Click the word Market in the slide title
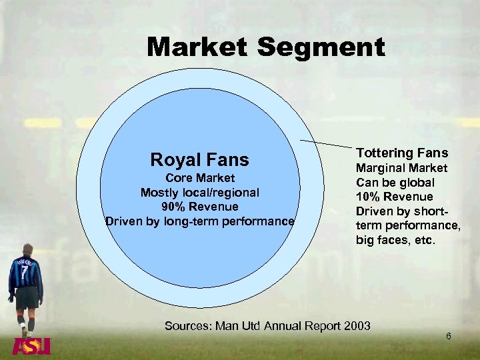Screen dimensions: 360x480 tap(197, 47)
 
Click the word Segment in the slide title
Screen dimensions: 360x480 tap(321, 47)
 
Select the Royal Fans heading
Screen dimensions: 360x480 tap(199, 160)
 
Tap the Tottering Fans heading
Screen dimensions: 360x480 tap(402, 153)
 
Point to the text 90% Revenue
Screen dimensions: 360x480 tap(199, 207)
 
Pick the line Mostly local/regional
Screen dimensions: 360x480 tap(199, 193)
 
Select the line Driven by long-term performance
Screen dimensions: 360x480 tap(199, 221)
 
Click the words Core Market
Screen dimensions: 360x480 tap(199, 178)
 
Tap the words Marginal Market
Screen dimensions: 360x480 tap(401, 168)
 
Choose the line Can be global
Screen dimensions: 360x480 tap(395, 182)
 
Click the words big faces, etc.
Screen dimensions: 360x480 tap(396, 239)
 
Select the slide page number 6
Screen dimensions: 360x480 tap(449, 336)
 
